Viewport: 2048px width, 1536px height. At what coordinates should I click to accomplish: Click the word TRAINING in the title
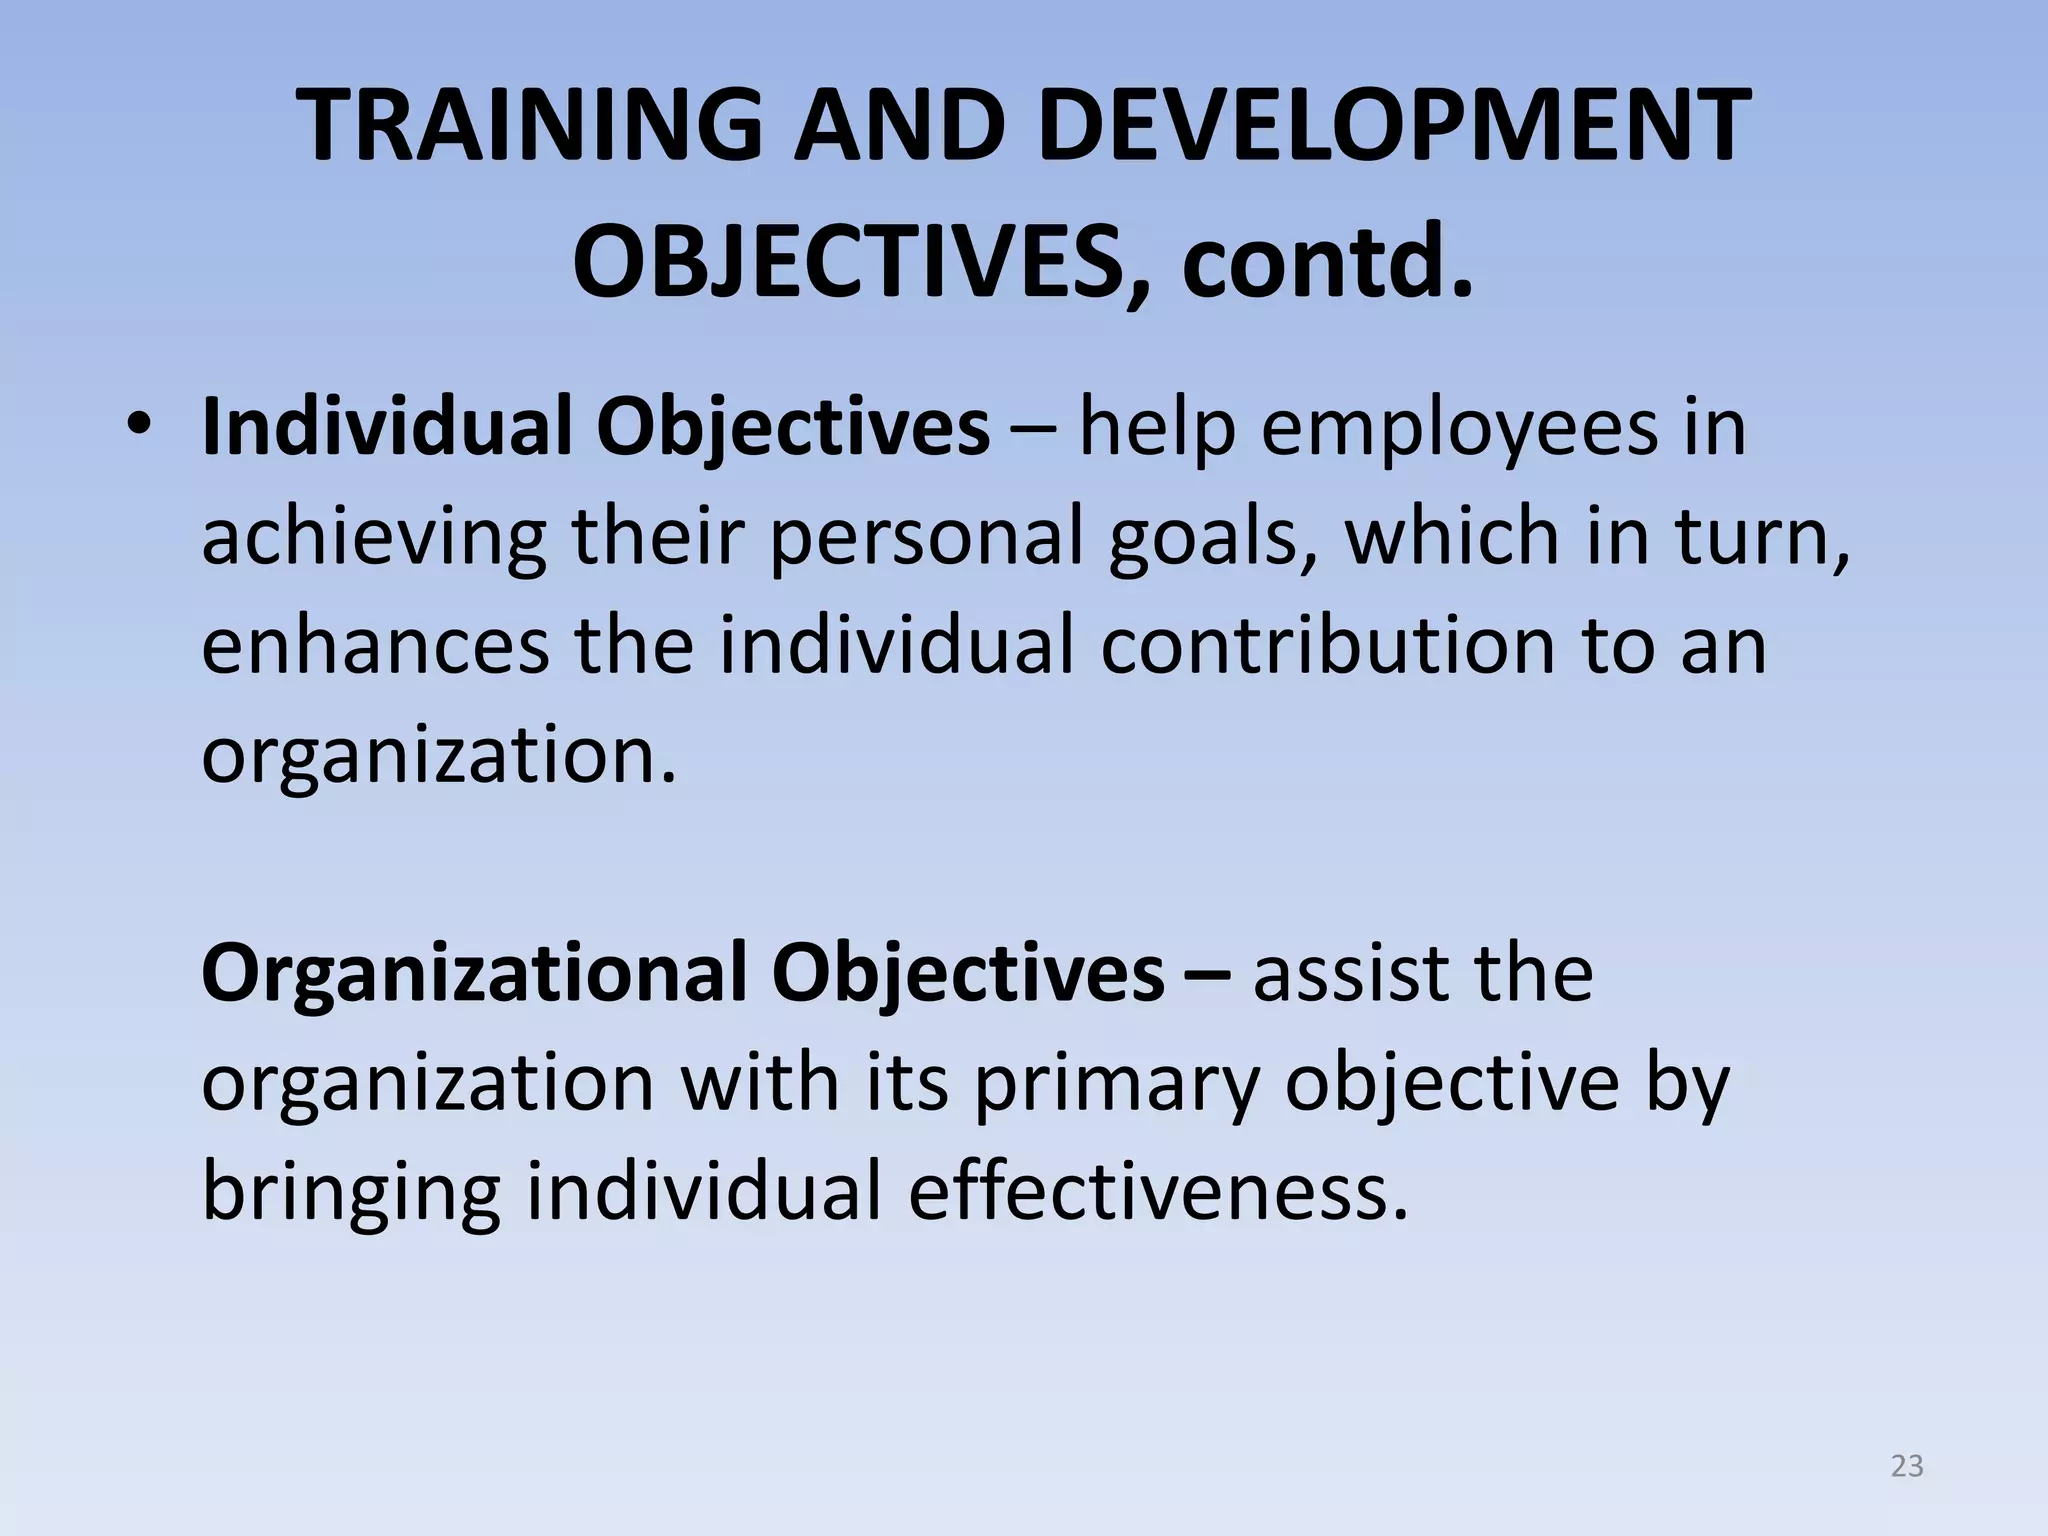coord(530,127)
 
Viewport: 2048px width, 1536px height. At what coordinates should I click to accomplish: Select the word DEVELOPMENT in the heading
coord(1394,127)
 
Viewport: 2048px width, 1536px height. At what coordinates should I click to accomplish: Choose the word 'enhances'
coord(376,646)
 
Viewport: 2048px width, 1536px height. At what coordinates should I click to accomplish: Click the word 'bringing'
coord(350,1194)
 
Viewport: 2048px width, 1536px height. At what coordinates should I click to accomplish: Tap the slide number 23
coord(1907,1466)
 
